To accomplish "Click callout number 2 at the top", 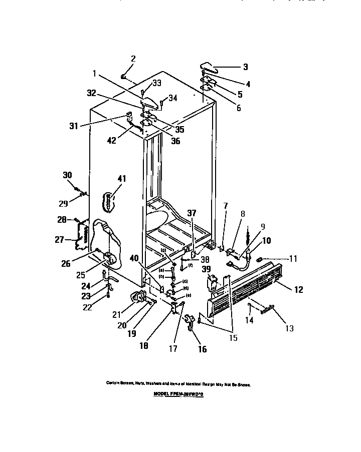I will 133,59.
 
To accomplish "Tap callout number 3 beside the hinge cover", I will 245,67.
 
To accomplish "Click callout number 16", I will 202,349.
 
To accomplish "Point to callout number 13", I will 289,328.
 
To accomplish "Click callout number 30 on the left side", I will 67,175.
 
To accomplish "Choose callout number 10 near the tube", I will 266,241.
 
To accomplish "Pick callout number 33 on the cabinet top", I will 157,83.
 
